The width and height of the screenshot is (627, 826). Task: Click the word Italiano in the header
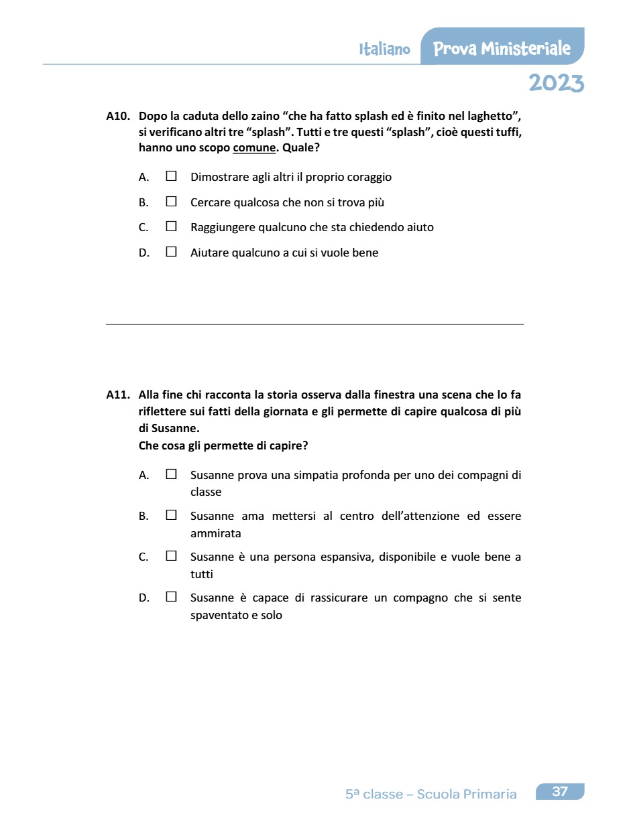[384, 50]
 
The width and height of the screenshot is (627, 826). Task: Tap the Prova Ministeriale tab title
[502, 49]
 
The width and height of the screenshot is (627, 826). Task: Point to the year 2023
[556, 83]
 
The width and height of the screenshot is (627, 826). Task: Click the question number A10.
[117, 116]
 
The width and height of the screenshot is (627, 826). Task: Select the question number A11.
[117, 395]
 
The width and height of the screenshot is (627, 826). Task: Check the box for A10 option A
[172, 177]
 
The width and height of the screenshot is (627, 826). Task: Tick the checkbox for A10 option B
[172, 202]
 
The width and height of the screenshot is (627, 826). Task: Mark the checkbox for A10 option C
[172, 227]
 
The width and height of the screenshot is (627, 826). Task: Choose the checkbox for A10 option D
[172, 253]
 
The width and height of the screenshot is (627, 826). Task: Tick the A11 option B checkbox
[172, 516]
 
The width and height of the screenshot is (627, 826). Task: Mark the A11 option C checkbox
[172, 557]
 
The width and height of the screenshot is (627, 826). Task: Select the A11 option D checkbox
[172, 598]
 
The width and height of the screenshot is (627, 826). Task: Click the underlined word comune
[254, 148]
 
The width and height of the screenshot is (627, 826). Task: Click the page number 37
[560, 792]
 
